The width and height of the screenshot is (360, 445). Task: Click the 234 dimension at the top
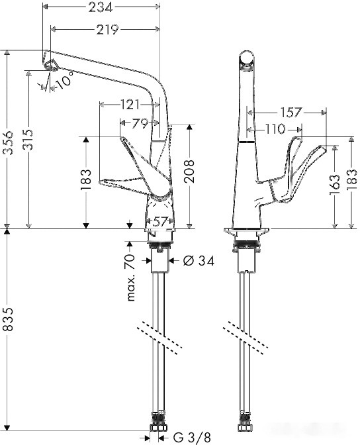click(x=101, y=7)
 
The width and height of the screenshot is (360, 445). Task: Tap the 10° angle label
click(x=64, y=83)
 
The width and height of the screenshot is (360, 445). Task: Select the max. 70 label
click(x=131, y=276)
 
